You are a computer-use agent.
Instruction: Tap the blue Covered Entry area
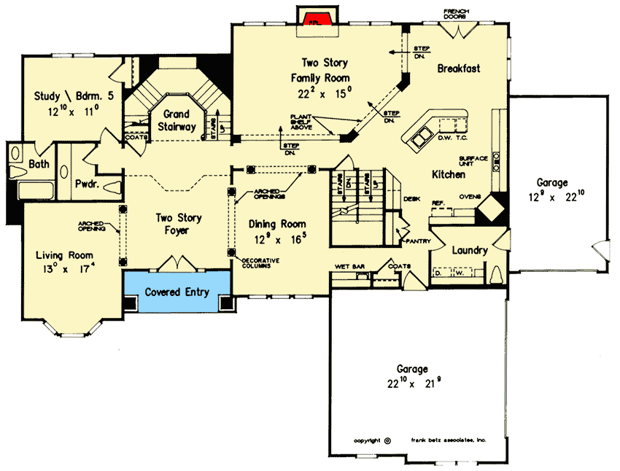click(x=177, y=292)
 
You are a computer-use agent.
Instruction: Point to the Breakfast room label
click(x=458, y=69)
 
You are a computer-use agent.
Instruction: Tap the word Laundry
click(x=469, y=250)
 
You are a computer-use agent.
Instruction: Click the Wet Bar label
click(x=349, y=267)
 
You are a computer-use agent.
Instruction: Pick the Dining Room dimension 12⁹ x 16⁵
click(x=276, y=238)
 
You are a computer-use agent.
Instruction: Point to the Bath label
click(x=39, y=164)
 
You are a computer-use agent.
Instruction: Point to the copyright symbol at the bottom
click(x=387, y=440)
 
